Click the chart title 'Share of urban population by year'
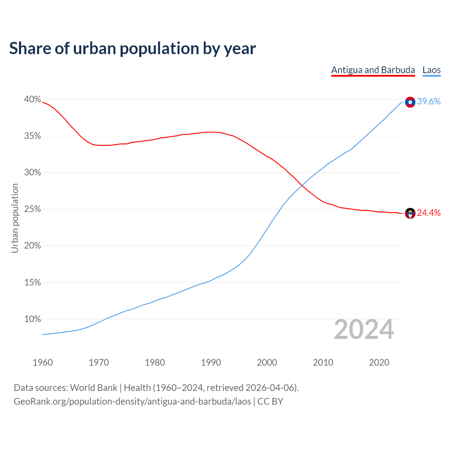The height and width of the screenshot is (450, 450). (132, 49)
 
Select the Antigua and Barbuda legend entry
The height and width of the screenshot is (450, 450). (373, 70)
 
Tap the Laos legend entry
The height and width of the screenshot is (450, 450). (431, 70)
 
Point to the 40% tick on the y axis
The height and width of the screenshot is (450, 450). (32, 99)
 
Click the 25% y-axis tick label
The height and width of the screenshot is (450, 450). (32, 209)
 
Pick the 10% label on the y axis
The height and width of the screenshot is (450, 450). (32, 319)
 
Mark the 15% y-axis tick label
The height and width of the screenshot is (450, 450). (32, 283)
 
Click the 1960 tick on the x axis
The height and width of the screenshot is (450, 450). (43, 362)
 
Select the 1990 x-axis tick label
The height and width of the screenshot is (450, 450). (211, 362)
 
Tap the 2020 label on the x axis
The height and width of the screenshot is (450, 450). (379, 362)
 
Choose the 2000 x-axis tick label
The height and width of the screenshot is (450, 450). (267, 362)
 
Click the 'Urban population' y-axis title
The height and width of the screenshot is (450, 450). (15, 218)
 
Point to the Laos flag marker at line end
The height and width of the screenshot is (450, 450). (410, 102)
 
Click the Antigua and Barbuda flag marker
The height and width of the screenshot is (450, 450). (410, 213)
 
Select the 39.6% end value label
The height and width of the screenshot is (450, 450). (429, 102)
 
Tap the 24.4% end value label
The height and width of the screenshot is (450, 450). (429, 213)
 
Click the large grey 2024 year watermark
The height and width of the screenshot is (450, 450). (364, 329)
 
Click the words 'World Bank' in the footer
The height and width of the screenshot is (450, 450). (94, 388)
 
